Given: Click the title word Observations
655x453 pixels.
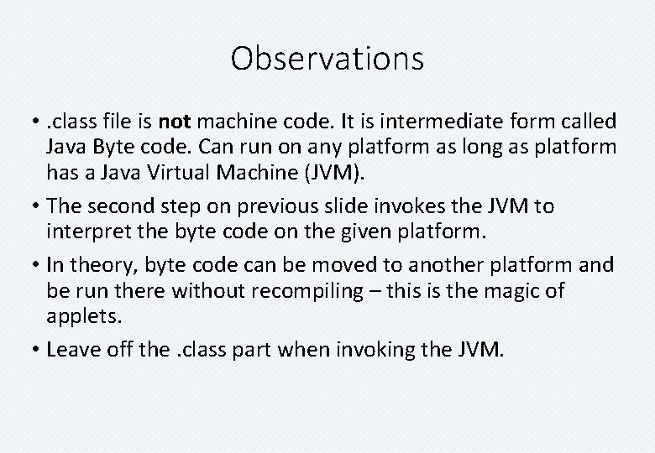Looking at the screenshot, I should point(327,59).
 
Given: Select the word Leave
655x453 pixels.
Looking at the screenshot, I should point(73,349).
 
